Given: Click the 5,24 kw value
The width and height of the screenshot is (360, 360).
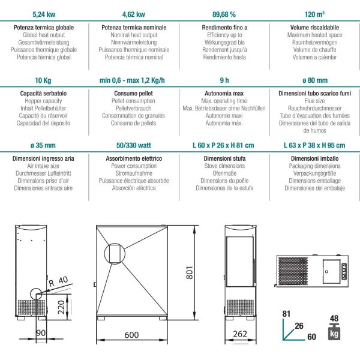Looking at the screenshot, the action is pos(44,14).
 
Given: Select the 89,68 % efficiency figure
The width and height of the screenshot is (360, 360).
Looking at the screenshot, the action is pos(224,14).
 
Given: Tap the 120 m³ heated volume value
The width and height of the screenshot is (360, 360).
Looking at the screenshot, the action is pos(314,14).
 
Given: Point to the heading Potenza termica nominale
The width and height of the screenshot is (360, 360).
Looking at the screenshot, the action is pos(134,28).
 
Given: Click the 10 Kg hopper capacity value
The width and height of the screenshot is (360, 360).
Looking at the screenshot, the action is pos(43,80).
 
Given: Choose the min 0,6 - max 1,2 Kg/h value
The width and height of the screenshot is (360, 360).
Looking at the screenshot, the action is pos(132,80).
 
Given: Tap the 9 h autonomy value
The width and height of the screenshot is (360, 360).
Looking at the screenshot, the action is pos(224,80).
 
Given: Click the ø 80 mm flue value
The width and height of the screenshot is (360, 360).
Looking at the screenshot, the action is pos(315,80).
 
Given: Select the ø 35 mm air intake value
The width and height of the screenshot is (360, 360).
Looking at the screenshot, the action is pos(43,145).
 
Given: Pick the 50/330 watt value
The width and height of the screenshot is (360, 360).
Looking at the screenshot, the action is pos(134,145).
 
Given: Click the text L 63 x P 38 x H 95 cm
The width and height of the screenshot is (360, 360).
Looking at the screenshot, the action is pos(314,145).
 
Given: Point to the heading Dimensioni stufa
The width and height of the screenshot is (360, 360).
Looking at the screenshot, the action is pos(224,158).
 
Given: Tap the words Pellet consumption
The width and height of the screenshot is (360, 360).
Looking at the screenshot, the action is pos(133,101).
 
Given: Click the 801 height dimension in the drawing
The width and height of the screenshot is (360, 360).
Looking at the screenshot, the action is pos(190,272).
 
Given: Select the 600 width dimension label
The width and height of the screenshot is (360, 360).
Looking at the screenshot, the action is pos(131,335).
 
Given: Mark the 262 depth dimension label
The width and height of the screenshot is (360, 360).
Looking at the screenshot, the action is pos(240,334).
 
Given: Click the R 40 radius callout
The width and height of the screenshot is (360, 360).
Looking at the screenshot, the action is pos(58,281).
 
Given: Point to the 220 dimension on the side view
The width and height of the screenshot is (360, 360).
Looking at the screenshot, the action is pos(61,307).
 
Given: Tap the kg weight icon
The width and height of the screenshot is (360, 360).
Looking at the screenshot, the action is pos(334,332).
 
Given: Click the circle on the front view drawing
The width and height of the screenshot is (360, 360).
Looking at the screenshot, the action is pos(104,253).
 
